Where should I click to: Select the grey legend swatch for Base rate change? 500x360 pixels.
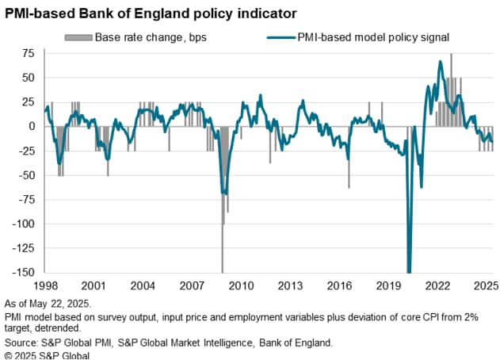(78, 37)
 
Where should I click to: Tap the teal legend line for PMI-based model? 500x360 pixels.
(281, 37)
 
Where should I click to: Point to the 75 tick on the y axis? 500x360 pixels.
(28, 53)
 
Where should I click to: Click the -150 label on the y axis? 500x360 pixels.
(23, 272)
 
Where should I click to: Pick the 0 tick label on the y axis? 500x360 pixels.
(32, 126)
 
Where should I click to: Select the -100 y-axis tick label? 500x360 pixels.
(23, 224)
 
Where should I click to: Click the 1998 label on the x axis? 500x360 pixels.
(46, 285)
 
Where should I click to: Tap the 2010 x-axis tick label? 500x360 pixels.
(241, 285)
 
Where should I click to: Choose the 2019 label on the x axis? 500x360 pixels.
(388, 285)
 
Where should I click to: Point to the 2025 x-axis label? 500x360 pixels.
(487, 285)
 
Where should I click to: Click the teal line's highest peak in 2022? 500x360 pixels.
(441, 61)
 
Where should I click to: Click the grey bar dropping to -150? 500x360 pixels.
(222, 200)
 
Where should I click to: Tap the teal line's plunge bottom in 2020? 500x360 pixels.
(410, 271)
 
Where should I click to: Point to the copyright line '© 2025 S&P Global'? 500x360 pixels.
(48, 355)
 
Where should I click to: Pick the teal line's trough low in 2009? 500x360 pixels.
(225, 193)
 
